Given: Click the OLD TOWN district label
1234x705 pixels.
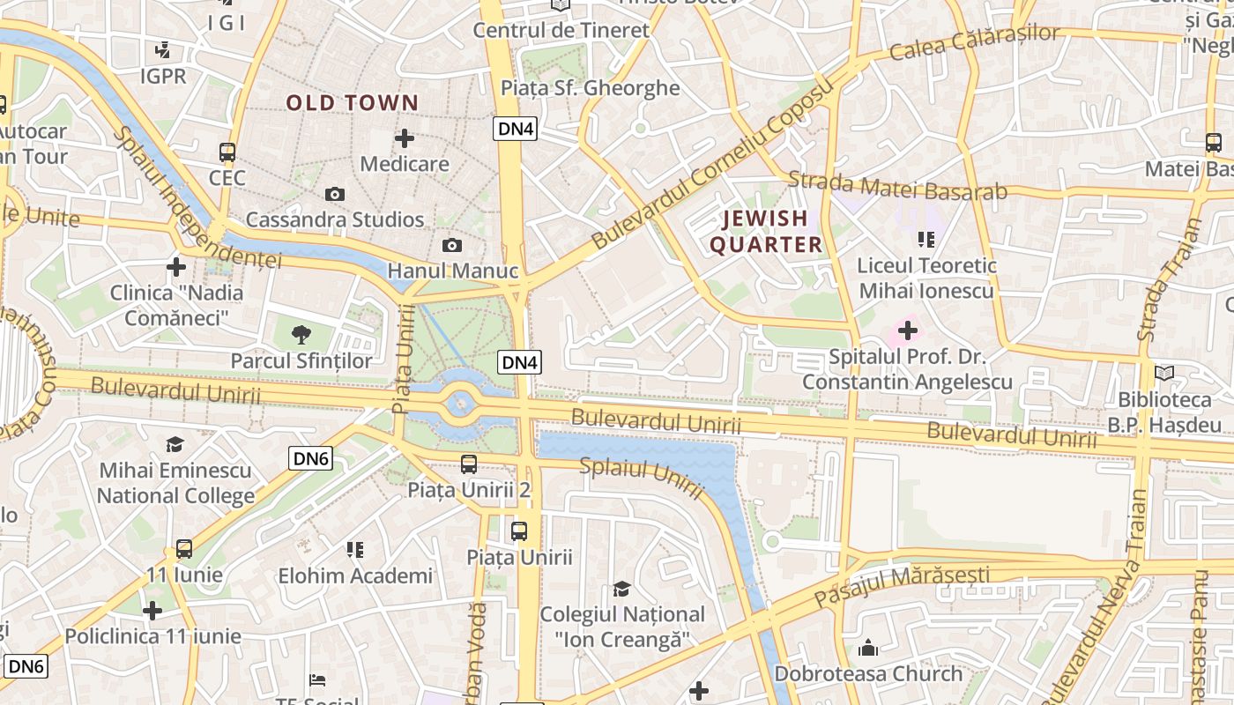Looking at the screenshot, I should pyautogui.click(x=352, y=103).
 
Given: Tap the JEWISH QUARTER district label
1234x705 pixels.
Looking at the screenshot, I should pyautogui.click(x=766, y=231).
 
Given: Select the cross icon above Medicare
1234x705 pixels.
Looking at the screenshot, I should pyautogui.click(x=405, y=138).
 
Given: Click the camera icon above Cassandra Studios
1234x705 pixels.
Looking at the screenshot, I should pyautogui.click(x=335, y=194).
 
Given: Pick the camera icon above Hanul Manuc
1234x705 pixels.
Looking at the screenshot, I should pyautogui.click(x=452, y=245).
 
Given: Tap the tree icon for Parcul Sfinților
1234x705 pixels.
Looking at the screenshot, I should pyautogui.click(x=301, y=334).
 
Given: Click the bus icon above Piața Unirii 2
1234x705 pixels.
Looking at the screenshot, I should pyautogui.click(x=469, y=464).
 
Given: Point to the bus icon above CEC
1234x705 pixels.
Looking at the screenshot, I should pyautogui.click(x=227, y=152).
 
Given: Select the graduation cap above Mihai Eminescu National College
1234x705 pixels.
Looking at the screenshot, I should pyautogui.click(x=175, y=444).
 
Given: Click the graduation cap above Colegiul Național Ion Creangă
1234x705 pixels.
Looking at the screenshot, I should pyautogui.click(x=622, y=588).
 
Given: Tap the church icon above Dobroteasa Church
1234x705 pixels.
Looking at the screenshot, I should pyautogui.click(x=868, y=648).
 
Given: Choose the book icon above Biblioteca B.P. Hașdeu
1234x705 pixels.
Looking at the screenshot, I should pyautogui.click(x=1164, y=374).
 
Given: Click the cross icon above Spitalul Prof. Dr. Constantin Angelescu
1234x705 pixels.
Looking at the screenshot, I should pyautogui.click(x=907, y=331).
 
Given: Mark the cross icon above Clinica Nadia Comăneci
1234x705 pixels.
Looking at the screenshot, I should pyautogui.click(x=176, y=266).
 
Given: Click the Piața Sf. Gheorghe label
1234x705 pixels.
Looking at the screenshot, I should pyautogui.click(x=590, y=88).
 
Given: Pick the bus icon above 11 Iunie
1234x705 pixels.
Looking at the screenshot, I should pyautogui.click(x=184, y=549).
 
